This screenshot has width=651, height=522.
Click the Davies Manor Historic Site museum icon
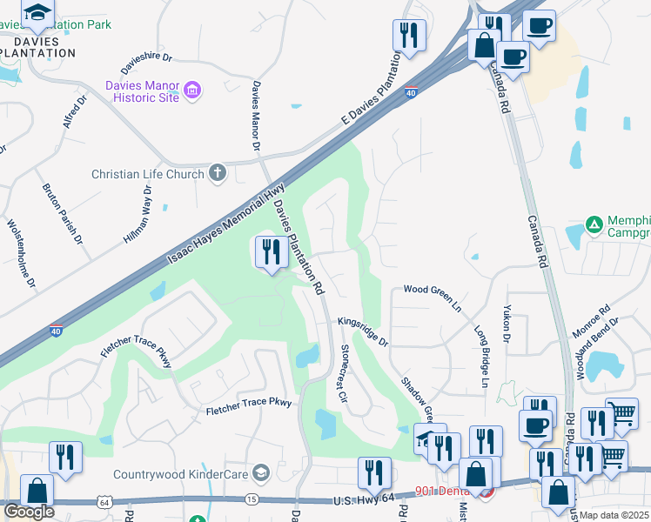tap(193, 90)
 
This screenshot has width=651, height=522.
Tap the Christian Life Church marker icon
tap(218, 174)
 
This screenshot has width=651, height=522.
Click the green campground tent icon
tap(594, 224)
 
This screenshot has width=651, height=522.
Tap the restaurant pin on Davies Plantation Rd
tap(272, 253)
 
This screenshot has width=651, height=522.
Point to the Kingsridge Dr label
tap(363, 331)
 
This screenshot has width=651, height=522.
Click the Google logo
tap(29, 511)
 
